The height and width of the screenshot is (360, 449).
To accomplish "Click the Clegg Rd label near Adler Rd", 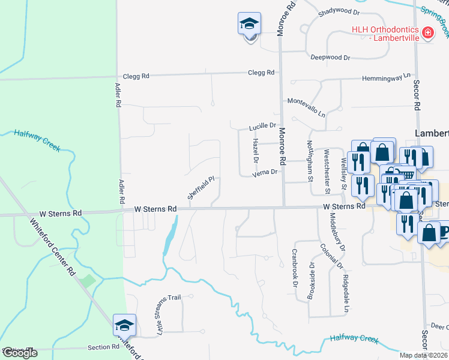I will tap(136, 76).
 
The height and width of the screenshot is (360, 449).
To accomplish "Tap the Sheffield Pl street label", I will tap(201, 187).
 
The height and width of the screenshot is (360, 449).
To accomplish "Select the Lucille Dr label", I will tap(262, 127).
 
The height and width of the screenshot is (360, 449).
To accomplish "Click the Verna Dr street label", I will tap(264, 172).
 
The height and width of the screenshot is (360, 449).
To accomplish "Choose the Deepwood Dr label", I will tap(330, 57).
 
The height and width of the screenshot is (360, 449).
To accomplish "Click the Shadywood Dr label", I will tap(339, 11).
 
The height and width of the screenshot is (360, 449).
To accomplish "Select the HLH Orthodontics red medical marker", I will tap(427, 32).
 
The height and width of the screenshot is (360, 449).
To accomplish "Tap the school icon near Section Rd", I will tap(124, 325).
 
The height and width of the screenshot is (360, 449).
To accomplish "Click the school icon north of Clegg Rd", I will tap(249, 24).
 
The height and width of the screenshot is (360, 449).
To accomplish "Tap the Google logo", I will tap(20, 353).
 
